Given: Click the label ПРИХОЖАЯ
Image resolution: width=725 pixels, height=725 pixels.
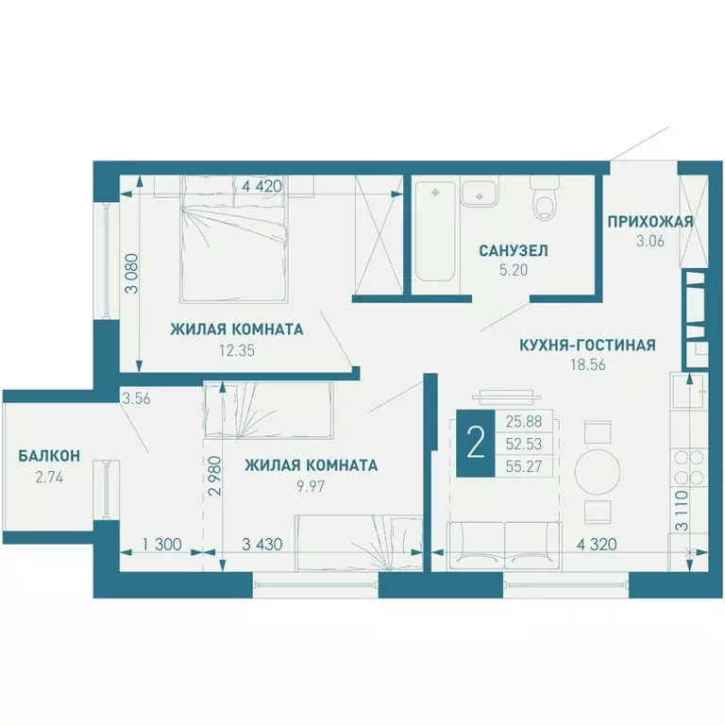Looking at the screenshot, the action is point(650,222).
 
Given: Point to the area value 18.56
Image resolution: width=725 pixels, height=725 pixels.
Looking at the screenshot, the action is point(588,364).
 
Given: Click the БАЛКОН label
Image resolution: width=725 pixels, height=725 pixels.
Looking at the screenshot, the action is point(49,456).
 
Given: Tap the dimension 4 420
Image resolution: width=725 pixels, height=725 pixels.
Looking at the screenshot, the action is point(261,186).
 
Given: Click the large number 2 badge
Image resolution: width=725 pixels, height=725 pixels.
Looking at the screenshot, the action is point(476,444).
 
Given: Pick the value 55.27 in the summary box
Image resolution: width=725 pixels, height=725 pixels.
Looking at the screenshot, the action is point(523,466).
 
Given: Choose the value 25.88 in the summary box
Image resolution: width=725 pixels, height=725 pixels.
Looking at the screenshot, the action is point(523,422).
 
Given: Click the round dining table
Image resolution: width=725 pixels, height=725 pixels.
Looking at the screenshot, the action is point(598,471).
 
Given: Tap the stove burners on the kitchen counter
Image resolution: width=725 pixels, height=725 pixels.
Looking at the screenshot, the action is point(689,467).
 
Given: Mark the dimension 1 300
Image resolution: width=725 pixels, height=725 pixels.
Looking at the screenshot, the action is point(161,545).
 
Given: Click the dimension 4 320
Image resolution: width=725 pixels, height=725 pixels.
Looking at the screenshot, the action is point(597,544).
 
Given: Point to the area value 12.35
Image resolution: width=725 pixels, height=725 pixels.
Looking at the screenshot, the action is point(237,350).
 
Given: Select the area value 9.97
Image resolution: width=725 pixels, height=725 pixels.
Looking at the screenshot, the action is point(311,486).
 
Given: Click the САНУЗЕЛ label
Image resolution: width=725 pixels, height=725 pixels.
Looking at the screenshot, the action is point(514,250).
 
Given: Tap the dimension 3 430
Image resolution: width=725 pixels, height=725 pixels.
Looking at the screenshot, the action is point(261,545).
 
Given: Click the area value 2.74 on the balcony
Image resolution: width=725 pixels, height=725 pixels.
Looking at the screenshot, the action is point(49,477).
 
